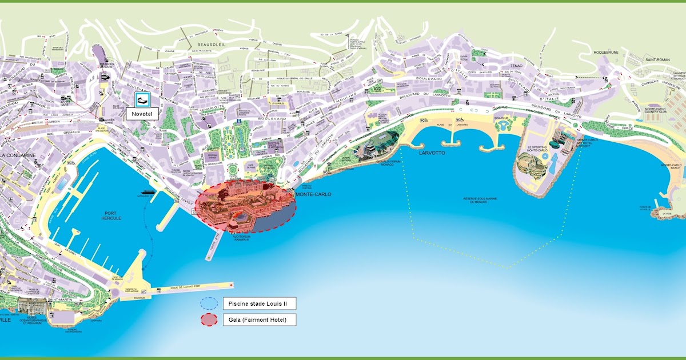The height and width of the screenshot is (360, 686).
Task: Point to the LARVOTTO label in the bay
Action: click(432, 153)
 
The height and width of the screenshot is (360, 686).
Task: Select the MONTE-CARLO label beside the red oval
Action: click(313, 194)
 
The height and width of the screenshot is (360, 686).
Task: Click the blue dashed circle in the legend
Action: click(209, 303)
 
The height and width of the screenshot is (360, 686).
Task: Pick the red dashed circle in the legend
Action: click(209, 319)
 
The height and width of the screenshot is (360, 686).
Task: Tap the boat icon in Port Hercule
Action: click(147, 193)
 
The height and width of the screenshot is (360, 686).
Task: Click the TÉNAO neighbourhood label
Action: click(508, 66)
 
